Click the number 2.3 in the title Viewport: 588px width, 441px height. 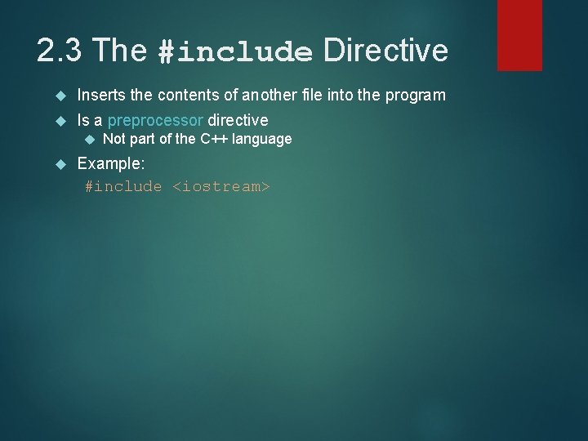pyautogui.click(x=60, y=51)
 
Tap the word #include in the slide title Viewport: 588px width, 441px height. pyautogui.click(x=236, y=53)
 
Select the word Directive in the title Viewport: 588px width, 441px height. pyautogui.click(x=385, y=51)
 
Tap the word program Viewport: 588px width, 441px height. pyautogui.click(x=415, y=96)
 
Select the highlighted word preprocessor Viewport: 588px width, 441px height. pyautogui.click(x=155, y=121)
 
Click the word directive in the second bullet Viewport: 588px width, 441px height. pyautogui.click(x=238, y=121)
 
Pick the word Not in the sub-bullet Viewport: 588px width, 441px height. pyautogui.click(x=114, y=139)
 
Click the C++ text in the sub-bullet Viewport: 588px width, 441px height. pyautogui.click(x=215, y=139)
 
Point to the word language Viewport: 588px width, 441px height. pyautogui.click(x=262, y=139)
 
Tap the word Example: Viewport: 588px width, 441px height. pyautogui.click(x=111, y=163)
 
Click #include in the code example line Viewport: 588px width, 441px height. pyautogui.click(x=124, y=187)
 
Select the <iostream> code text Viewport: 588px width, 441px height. pyautogui.click(x=220, y=187)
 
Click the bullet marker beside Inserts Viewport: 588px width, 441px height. pyautogui.click(x=58, y=96)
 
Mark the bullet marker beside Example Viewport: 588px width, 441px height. pyautogui.click(x=58, y=164)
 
